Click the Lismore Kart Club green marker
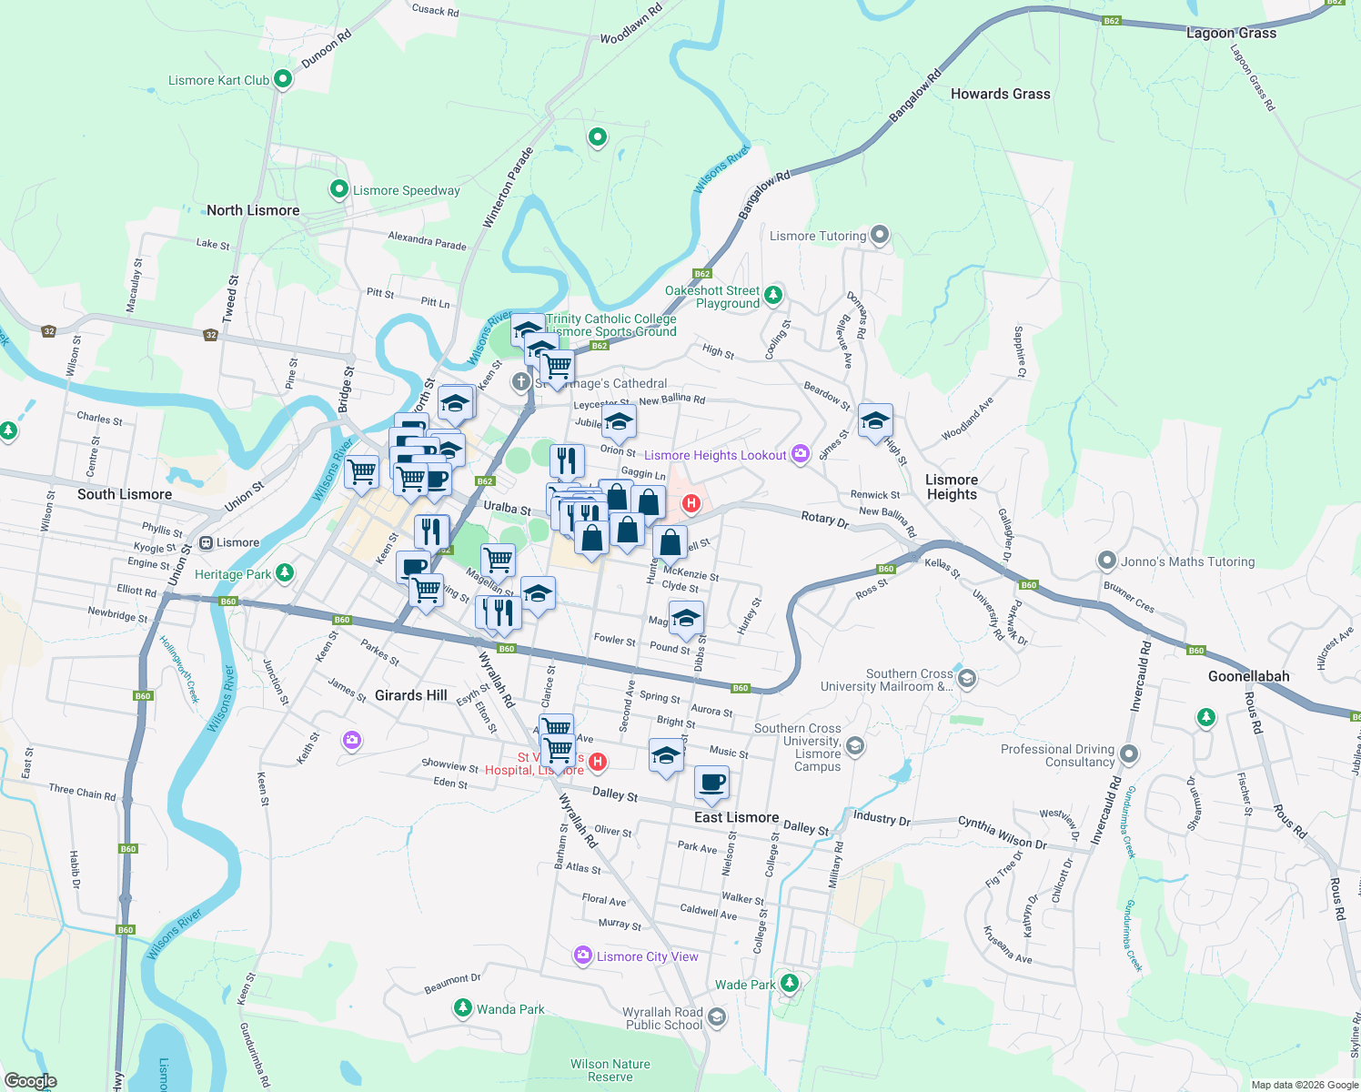283,80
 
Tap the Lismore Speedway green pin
339,189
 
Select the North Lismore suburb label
253,210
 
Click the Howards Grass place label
1000,94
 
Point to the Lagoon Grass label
1231,33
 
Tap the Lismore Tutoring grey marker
879,236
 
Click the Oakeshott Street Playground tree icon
773,294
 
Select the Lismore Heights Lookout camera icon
801,454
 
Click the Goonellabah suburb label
1248,676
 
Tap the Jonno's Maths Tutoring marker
1107,561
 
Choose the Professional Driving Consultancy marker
1129,754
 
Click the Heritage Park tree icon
285,572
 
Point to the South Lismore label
125,494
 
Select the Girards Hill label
411,695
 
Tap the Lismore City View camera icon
583,955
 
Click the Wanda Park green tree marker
463,1008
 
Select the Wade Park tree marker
790,984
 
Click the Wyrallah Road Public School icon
717,1017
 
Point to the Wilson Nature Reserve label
610,1070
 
